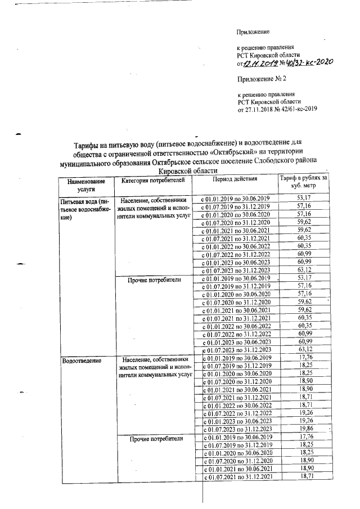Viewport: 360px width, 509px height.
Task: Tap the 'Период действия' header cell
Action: (x=235, y=180)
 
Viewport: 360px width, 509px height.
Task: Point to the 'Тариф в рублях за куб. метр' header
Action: (x=303, y=182)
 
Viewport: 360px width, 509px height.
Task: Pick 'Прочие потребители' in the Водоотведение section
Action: (x=154, y=438)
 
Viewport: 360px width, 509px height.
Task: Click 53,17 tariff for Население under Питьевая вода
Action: (x=304, y=198)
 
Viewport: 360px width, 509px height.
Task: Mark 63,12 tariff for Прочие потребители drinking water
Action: (x=304, y=349)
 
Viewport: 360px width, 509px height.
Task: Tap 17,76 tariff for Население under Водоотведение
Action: (x=304, y=357)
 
